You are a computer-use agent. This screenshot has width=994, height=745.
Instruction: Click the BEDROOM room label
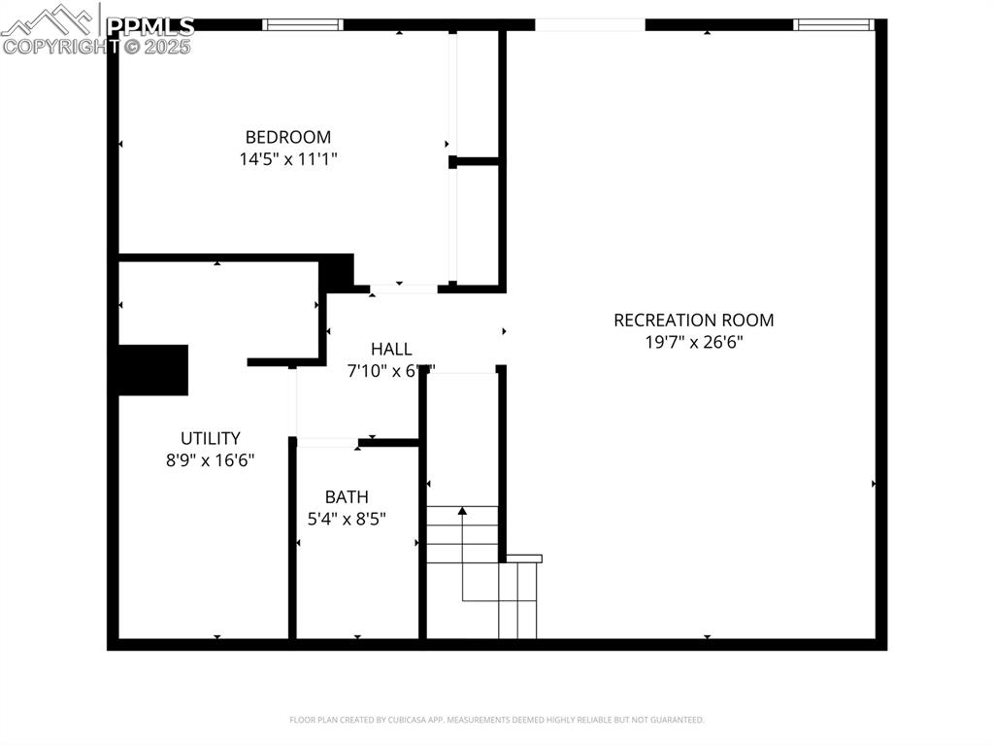coord(287,137)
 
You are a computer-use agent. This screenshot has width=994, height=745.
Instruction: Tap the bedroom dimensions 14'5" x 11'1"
coord(287,158)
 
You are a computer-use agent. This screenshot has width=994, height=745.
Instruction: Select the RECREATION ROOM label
coord(693,320)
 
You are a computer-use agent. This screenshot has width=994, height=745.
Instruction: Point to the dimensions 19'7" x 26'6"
coord(693,342)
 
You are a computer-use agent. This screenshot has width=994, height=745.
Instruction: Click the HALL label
coord(391,349)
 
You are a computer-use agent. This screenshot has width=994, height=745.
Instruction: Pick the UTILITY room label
coord(210,438)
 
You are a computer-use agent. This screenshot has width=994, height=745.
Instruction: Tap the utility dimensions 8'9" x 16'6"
coord(210,460)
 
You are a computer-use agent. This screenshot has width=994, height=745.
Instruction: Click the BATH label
coord(347,497)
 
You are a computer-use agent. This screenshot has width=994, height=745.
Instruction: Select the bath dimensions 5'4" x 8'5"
coord(347,519)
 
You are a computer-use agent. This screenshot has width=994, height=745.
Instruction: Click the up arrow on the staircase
coord(463,510)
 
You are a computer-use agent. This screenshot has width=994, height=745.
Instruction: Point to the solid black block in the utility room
coord(152,370)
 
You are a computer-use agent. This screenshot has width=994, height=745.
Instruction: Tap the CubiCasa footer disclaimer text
coord(496,720)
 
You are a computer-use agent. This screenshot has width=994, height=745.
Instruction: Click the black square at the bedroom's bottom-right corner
coord(337,271)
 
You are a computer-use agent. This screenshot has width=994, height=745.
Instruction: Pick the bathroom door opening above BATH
coord(327,443)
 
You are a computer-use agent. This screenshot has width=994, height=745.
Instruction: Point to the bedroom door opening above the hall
coord(404,288)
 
